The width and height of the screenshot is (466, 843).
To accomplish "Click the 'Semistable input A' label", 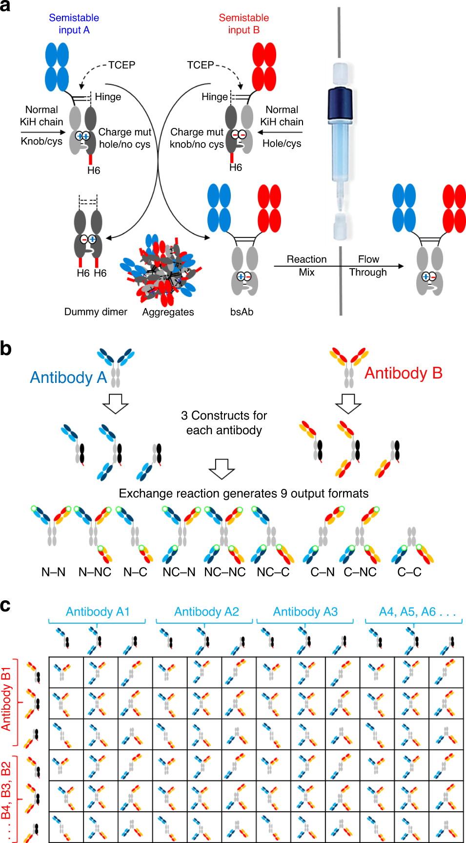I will pos(74,24).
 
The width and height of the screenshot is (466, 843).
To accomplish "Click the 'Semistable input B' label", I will pos(243,24).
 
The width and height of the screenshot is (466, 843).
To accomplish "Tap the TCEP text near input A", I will pos(122,65).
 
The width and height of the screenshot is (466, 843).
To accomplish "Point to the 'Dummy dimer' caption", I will pos(96,312).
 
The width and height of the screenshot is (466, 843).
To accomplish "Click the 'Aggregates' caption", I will pos(168,312).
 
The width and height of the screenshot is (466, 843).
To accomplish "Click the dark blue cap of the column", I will pos(340,103).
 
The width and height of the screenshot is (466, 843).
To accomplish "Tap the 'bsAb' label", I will pos(242,312).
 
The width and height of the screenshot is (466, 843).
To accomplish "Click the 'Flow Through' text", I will pos(368,266).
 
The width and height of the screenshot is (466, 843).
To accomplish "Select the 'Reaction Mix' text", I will pos(306,266).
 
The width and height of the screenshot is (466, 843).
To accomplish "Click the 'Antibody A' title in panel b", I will pos(68,377).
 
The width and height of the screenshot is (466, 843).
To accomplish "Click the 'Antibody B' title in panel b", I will pos(403,373).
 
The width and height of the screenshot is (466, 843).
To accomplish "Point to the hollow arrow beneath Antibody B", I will pos(348,403).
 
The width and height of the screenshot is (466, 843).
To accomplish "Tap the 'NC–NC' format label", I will pos(224,572).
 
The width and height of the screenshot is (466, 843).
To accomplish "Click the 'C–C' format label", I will pos(409,572).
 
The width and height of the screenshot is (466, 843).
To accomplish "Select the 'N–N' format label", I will pos(53,572).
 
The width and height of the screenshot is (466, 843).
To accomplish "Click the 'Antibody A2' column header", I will pos(206,611).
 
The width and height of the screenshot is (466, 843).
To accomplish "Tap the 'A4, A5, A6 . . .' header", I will pos(417,611).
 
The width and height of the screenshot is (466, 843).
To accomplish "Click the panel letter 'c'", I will pos(5,606).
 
